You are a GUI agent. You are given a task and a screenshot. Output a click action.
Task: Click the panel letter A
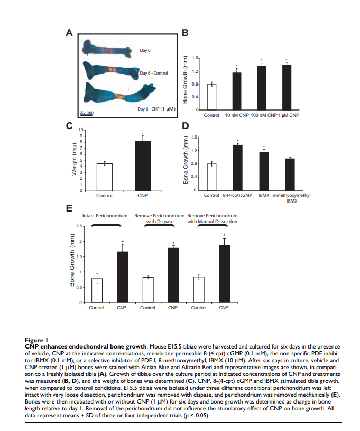(69, 33)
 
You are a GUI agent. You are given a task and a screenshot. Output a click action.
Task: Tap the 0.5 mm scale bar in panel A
(86, 115)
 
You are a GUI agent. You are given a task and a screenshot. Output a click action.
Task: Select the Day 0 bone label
(145, 50)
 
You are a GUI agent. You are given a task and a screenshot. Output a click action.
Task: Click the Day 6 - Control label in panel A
(154, 73)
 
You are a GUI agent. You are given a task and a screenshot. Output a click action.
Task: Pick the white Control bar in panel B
(211, 97)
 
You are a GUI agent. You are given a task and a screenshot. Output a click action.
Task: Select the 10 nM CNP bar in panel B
(237, 91)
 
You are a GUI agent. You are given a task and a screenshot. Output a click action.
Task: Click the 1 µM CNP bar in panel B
(287, 87)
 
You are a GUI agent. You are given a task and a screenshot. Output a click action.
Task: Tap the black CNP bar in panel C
(143, 166)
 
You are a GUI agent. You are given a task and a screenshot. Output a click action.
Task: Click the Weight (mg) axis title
(74, 159)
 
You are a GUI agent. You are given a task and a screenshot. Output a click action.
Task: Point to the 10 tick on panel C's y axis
(80, 130)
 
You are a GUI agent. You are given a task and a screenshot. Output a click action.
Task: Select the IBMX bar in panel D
(264, 171)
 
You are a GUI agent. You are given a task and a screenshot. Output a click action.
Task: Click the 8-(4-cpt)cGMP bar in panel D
(238, 168)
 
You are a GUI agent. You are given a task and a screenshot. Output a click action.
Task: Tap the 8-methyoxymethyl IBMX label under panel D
(291, 198)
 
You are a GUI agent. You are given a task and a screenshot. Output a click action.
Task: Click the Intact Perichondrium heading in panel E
(105, 216)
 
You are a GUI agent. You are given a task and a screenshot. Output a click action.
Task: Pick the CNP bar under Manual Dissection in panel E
(224, 274)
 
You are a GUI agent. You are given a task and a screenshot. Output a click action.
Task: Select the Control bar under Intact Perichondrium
(97, 290)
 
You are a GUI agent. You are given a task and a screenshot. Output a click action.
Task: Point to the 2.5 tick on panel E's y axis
(79, 226)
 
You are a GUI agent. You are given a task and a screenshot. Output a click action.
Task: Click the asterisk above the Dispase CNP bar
(173, 243)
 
